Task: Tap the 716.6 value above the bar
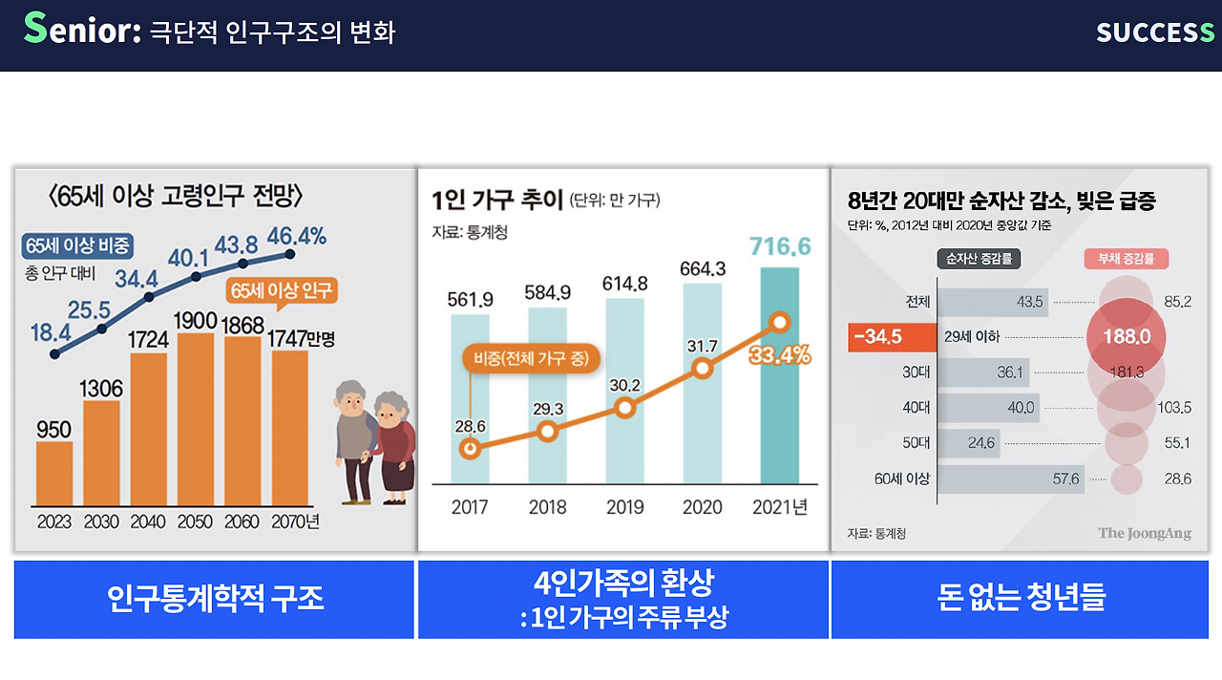779,246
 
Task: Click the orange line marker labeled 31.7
703,368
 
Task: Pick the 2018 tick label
547,507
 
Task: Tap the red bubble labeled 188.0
1127,337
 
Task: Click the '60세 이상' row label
900,478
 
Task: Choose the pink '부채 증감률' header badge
1127,258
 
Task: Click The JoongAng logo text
1144,533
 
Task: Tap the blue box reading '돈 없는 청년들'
1020,599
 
